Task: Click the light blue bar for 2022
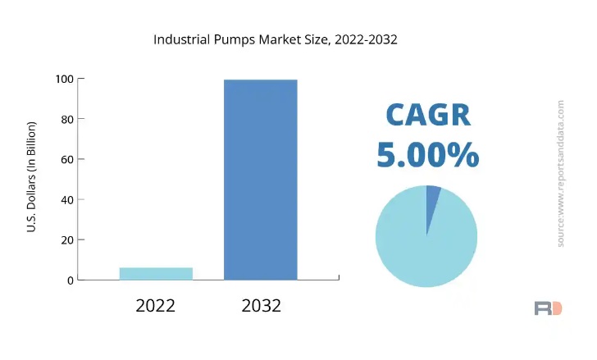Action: pos(156,273)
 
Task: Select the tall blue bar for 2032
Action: pos(261,180)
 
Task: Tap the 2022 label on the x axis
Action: pos(156,306)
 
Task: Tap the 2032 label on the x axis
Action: pos(261,306)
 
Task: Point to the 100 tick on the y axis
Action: pos(64,79)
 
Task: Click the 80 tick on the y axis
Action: pos(66,119)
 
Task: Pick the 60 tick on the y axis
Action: pos(66,159)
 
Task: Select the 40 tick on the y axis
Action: pos(66,199)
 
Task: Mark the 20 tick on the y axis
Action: pos(66,239)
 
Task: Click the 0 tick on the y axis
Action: pos(70,280)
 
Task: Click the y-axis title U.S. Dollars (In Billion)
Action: pos(31,176)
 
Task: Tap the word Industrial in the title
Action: pos(182,39)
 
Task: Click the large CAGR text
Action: pos(428,116)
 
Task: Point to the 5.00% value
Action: pos(428,155)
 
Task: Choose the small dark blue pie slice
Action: pos(432,201)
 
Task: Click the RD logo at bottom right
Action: pos(548,308)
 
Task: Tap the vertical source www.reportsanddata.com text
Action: pos(561,174)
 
